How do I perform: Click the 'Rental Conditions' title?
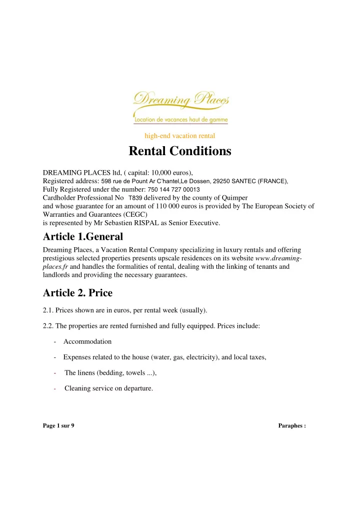point(180,151)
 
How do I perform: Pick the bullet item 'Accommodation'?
point(87,341)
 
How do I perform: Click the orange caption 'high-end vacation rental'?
point(179,135)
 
